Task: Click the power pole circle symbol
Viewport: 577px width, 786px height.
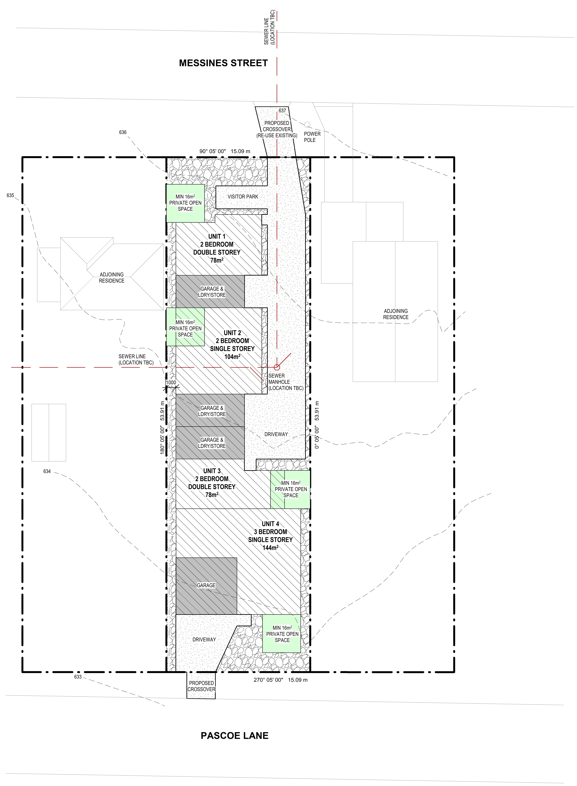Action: point(307,124)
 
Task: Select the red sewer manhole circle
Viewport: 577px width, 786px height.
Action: point(277,367)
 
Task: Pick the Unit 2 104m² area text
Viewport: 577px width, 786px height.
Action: point(232,357)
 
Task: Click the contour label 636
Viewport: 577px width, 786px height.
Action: point(123,132)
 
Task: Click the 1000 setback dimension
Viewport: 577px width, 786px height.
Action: point(171,383)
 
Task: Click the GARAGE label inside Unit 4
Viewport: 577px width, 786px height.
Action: point(206,585)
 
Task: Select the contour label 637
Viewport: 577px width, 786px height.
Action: point(282,110)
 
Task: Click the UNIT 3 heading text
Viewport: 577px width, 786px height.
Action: point(212,471)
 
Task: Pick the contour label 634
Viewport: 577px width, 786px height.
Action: point(47,471)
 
